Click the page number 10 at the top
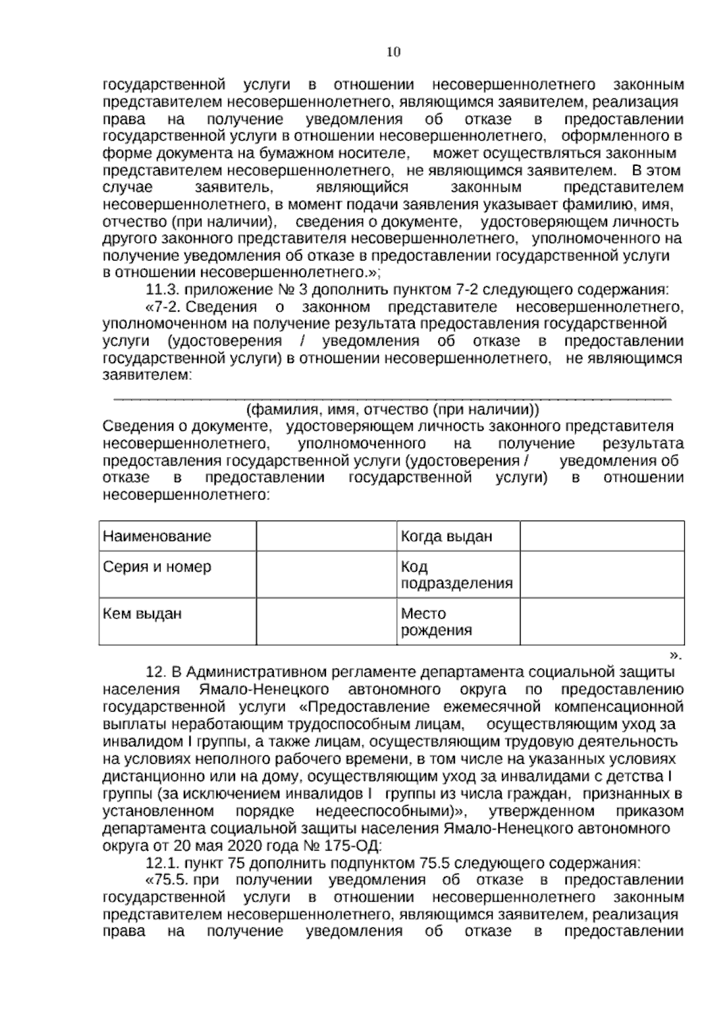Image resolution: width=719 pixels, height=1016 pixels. [x=393, y=52]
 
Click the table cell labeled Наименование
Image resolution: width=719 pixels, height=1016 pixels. [x=157, y=536]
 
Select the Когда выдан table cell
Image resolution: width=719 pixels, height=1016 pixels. [x=446, y=536]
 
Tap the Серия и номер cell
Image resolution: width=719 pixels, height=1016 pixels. [x=157, y=567]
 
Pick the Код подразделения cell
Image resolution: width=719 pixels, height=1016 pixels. [x=457, y=575]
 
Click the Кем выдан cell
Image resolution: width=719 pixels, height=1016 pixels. [x=143, y=613]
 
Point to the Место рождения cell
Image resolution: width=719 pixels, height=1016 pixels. [x=436, y=622]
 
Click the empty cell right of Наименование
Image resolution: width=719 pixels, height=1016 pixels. [x=326, y=536]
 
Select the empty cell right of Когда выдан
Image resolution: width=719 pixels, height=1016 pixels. [x=602, y=536]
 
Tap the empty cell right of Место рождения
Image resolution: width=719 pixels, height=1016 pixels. [x=602, y=621]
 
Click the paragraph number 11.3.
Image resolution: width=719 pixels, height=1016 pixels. [x=162, y=291]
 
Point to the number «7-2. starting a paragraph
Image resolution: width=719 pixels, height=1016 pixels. [x=164, y=308]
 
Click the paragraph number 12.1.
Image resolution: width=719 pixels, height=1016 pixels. [x=162, y=864]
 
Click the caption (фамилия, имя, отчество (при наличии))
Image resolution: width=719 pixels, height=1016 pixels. [x=392, y=410]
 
